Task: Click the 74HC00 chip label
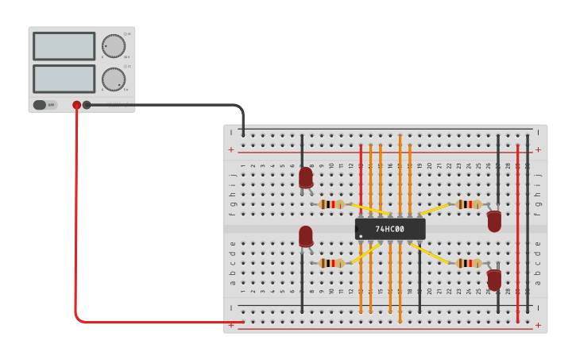389,230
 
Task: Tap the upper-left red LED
306,177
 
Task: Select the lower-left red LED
306,236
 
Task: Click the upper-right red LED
494,221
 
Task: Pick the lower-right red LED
494,280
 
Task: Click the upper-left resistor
331,204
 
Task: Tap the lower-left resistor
331,263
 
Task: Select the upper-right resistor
469,204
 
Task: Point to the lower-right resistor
469,263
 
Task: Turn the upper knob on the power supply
114,46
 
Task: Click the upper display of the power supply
64,46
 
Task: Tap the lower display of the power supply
64,79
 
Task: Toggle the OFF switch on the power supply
44,105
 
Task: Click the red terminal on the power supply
77,105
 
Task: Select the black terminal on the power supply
87,105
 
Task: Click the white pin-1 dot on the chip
361,236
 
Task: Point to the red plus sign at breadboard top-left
231,149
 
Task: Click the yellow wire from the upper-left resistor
370,210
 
